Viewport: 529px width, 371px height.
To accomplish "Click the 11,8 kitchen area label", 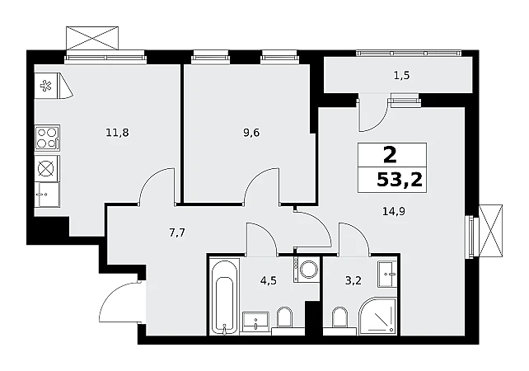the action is click(x=117, y=133).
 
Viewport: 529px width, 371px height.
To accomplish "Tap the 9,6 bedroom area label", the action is click(x=251, y=133).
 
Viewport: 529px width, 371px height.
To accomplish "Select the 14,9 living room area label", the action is click(x=394, y=211).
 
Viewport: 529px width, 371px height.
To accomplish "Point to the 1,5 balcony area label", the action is click(x=401, y=75).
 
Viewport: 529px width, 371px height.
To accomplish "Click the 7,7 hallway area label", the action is click(x=177, y=232).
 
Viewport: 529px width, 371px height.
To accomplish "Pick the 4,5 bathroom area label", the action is click(x=269, y=280).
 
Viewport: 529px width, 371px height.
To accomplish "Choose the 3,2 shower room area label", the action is click(x=353, y=280).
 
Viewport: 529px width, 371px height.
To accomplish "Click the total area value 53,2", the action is click(x=400, y=181).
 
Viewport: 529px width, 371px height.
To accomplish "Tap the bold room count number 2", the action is click(x=390, y=156).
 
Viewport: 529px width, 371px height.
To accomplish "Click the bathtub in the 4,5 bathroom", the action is click(x=224, y=297).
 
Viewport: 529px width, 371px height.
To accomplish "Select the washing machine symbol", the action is click(x=306, y=270).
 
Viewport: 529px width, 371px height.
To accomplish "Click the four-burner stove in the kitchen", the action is click(x=48, y=138).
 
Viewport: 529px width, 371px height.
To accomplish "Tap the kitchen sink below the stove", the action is click(x=47, y=195).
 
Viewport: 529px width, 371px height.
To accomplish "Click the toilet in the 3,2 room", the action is click(x=339, y=317).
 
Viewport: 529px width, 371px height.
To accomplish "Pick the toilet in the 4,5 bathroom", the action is click(x=284, y=317).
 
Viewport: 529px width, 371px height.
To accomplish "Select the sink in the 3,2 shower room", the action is click(x=386, y=274).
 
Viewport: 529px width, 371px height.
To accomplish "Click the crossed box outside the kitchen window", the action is click(x=92, y=38).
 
